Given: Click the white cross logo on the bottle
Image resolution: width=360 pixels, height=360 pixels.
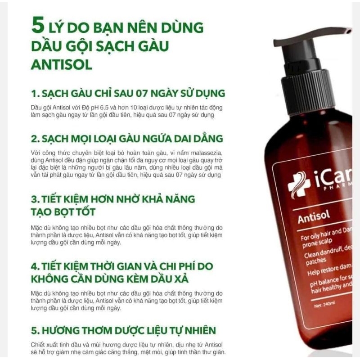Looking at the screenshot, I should pyautogui.click(x=298, y=184).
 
